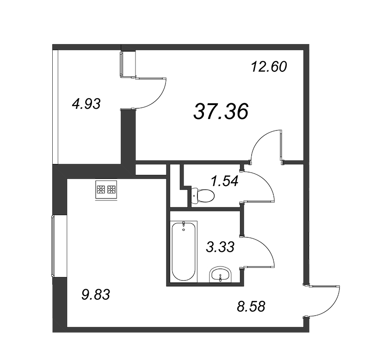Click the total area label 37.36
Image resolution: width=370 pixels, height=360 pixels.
[x=221, y=111]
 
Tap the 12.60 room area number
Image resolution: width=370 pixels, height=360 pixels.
[x=269, y=66]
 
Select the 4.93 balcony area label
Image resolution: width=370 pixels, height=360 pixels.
[x=86, y=104]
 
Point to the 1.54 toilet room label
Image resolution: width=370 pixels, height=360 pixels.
[x=225, y=181]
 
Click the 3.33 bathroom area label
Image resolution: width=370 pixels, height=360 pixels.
[x=220, y=247]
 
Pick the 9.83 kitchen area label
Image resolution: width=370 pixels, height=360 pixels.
[x=96, y=295]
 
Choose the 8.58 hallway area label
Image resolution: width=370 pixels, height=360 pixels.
[x=251, y=306]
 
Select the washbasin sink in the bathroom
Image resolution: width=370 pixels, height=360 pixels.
[x=221, y=274]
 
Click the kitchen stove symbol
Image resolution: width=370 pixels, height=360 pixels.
[x=106, y=190]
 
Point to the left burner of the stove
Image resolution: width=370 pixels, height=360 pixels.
[x=101, y=189]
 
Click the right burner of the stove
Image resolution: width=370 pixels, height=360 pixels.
[x=111, y=189]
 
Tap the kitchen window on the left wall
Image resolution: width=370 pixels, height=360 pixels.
[x=53, y=246]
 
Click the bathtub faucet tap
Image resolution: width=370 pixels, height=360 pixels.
[x=184, y=224]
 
